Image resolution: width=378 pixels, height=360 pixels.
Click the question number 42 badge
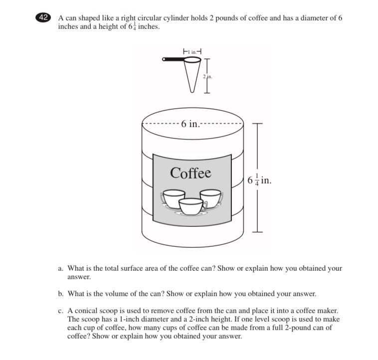point(43,17)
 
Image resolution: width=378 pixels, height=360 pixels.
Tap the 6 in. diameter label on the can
point(190,124)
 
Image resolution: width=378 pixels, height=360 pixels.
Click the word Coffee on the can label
point(190,173)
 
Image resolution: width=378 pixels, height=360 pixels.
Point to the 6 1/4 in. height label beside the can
point(259,180)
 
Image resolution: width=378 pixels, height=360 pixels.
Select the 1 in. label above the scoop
point(192,51)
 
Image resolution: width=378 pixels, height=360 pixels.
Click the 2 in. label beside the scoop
point(207,77)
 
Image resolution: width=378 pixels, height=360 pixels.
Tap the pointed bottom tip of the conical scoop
point(192,92)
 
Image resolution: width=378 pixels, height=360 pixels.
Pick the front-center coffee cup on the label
point(192,206)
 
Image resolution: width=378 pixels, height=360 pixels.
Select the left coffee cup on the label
point(173,199)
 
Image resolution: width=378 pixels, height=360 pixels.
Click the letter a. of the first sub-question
point(60,268)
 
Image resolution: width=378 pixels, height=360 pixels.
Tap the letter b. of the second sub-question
point(61,294)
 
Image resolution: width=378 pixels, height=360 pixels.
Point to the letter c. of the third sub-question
point(60,311)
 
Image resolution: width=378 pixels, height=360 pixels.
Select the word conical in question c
point(86,311)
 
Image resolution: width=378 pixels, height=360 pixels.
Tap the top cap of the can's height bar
point(257,124)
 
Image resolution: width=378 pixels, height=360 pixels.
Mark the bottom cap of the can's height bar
point(257,232)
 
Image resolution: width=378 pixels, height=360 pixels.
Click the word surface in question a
point(132,268)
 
